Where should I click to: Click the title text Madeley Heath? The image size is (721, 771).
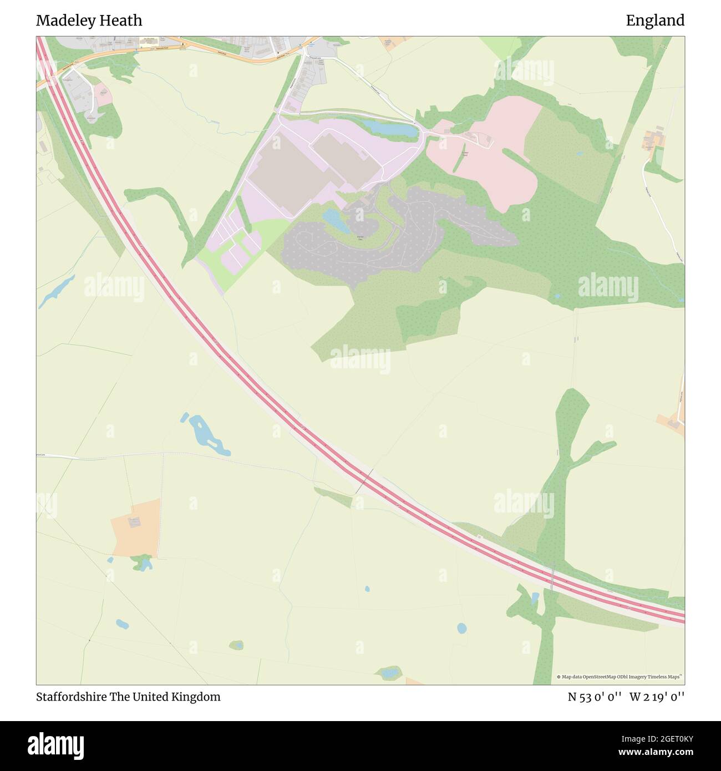89,21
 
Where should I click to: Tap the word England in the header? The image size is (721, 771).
655,21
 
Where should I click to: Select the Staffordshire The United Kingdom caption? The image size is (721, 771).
128,697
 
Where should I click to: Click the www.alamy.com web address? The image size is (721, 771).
652,753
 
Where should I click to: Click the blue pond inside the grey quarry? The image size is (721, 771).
334,220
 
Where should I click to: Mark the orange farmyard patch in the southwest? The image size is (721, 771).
136,527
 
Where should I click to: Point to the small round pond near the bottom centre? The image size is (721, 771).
461,628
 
